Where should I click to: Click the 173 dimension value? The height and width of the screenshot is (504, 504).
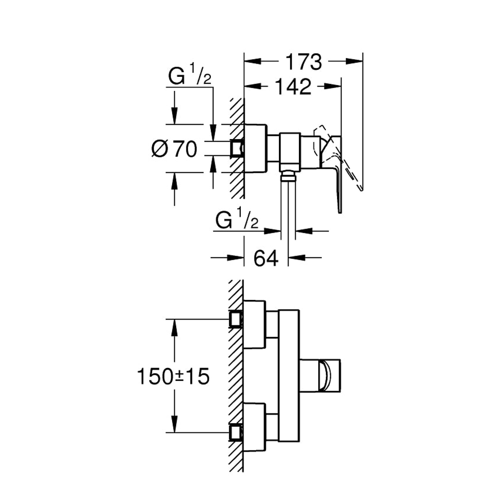coord(303,62)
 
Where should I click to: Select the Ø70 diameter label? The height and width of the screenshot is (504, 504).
coord(175,149)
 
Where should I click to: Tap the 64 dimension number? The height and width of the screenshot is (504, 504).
coord(266,258)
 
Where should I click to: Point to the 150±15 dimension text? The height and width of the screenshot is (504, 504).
coord(173,377)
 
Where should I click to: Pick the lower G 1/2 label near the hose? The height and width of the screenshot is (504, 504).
coord(237,220)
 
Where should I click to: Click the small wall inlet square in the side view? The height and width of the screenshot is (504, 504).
coord(237,148)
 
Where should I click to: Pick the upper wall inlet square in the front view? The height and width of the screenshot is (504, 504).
coord(236,319)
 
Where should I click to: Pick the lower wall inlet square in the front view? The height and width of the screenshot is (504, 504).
coord(236,433)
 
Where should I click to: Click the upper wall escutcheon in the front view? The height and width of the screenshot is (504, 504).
coord(254,324)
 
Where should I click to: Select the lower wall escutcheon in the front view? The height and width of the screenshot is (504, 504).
coord(254,427)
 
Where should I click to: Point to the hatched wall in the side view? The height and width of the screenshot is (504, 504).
coord(236,183)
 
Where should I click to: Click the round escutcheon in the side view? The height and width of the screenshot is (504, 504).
coord(255,148)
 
